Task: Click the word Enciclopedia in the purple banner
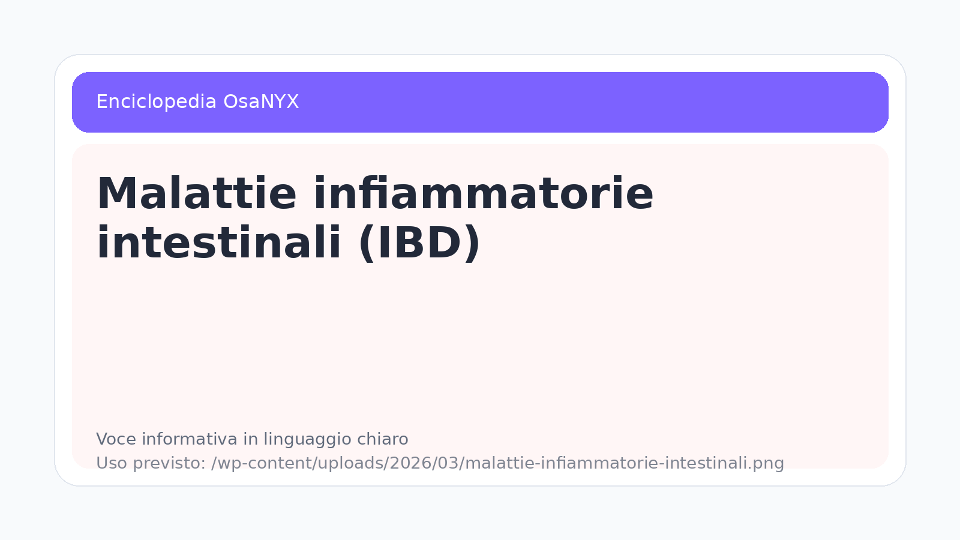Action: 157,103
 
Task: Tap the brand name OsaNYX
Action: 261,102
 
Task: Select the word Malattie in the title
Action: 197,193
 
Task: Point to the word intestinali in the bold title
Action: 219,242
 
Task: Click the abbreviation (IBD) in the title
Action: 419,243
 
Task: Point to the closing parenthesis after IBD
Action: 473,243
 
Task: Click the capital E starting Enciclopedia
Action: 101,102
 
